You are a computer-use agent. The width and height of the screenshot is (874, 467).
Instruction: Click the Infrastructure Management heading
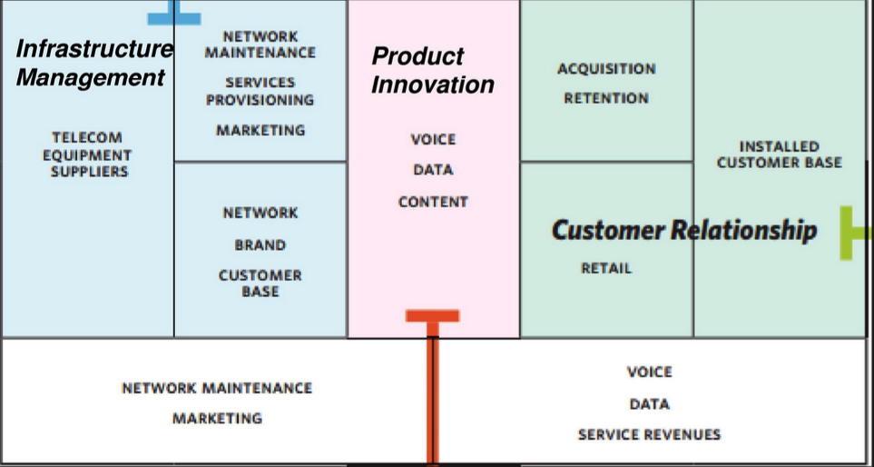click(x=94, y=63)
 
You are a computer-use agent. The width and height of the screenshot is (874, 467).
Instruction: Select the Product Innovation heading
click(x=433, y=70)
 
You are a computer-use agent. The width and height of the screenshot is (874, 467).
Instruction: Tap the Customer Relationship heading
click(x=684, y=230)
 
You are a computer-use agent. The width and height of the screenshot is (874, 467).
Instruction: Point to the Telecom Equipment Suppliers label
click(x=87, y=154)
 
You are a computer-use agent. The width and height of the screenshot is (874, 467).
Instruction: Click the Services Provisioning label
click(x=260, y=92)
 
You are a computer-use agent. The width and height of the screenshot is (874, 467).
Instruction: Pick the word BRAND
click(x=260, y=245)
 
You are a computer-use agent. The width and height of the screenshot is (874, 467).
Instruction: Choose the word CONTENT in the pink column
click(x=433, y=202)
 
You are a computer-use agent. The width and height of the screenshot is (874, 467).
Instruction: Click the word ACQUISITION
click(x=606, y=69)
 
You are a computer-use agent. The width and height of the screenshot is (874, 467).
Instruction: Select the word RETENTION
click(x=606, y=99)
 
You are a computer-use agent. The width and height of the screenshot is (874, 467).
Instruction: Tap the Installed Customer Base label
click(x=780, y=154)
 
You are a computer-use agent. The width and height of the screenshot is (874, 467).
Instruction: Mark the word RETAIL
click(x=606, y=268)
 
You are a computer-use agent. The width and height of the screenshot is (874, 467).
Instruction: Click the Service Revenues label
click(x=649, y=434)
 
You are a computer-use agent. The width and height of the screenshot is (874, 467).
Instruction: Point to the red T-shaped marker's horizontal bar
click(x=433, y=316)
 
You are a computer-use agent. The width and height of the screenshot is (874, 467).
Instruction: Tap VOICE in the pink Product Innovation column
click(x=433, y=139)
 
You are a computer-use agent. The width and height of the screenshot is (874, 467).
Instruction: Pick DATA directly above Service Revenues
click(x=649, y=404)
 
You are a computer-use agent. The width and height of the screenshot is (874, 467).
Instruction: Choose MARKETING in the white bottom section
click(x=218, y=419)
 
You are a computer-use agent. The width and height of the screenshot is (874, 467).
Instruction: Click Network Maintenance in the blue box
click(x=260, y=45)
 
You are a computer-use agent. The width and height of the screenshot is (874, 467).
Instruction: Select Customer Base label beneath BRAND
click(x=260, y=283)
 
